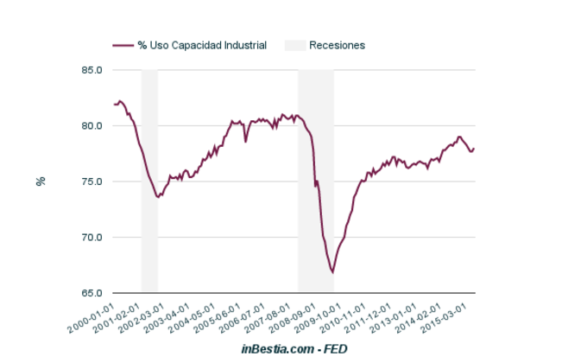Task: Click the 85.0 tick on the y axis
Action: coord(92,70)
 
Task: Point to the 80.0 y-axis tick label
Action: coord(92,126)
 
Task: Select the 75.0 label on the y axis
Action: coord(92,181)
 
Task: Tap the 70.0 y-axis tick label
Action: coord(92,238)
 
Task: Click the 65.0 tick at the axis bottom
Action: coord(92,293)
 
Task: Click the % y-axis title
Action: coord(40,181)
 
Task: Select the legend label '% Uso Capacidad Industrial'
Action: coord(202,45)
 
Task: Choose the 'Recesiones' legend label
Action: coord(338,45)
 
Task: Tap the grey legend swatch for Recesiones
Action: coord(294,45)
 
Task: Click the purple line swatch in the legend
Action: coord(123,45)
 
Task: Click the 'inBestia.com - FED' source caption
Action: coord(293,348)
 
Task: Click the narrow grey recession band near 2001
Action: coord(149,181)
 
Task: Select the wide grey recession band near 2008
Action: coord(316,181)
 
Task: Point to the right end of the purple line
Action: coord(474,149)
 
